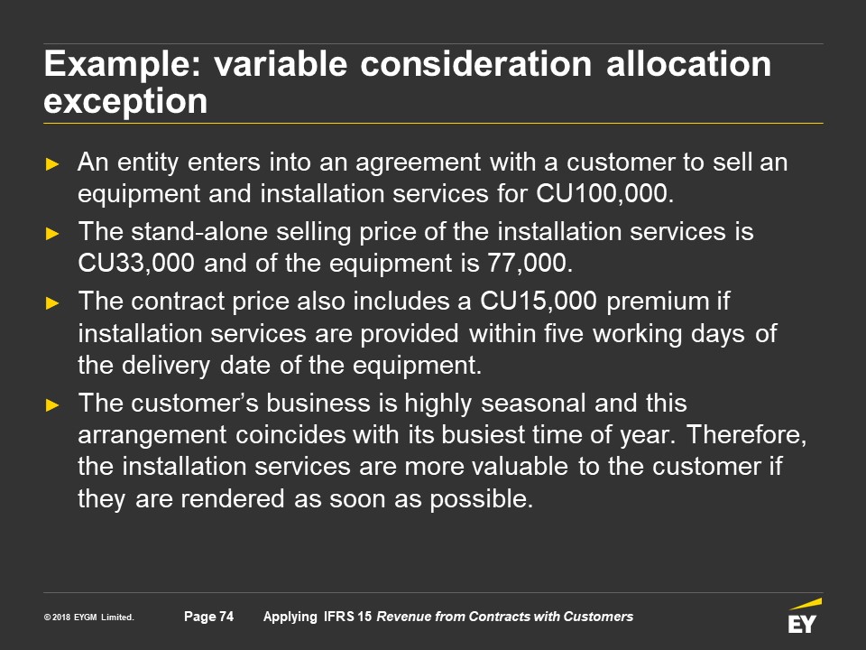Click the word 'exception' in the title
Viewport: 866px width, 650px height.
click(x=125, y=101)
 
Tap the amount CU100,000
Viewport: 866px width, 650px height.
click(x=604, y=193)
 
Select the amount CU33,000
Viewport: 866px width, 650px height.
click(x=136, y=263)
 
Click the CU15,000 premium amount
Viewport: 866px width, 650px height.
click(x=538, y=302)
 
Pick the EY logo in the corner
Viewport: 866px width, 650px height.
click(x=804, y=615)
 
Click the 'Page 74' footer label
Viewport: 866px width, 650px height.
click(x=208, y=617)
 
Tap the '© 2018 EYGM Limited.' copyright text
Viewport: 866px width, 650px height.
click(x=89, y=617)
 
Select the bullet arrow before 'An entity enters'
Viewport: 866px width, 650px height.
click(x=52, y=163)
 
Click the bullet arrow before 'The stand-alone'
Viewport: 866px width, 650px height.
click(x=52, y=233)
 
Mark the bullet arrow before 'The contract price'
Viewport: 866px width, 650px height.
click(x=52, y=303)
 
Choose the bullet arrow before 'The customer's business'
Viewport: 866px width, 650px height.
click(x=52, y=404)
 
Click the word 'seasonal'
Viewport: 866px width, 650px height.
click(x=533, y=403)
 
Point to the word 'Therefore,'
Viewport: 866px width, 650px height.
click(x=747, y=435)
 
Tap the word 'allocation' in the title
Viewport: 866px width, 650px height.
click(x=688, y=63)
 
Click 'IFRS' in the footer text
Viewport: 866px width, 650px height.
click(x=338, y=617)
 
